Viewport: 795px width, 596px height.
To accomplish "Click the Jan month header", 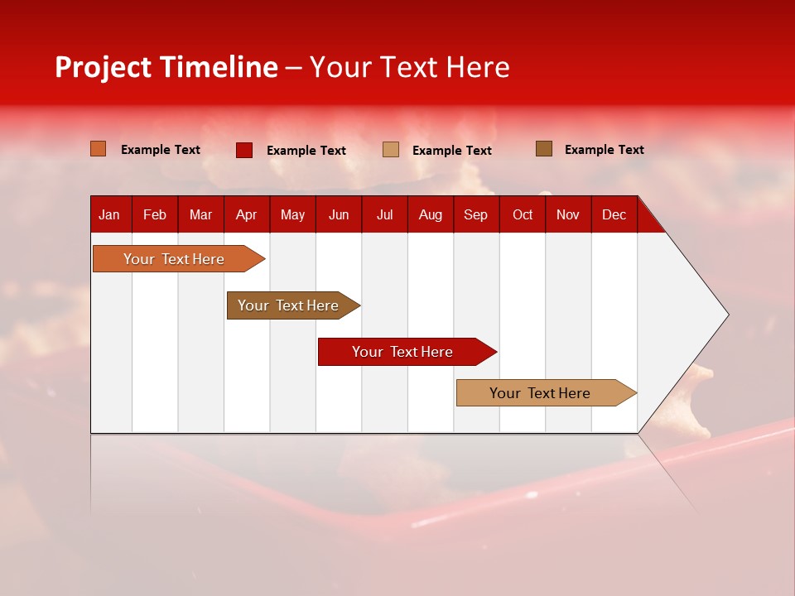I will (109, 215).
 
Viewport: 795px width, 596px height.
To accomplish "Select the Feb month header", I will (155, 215).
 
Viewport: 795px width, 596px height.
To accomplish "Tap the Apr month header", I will (246, 215).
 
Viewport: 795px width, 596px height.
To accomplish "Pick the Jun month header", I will (339, 215).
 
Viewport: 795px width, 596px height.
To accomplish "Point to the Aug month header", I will (430, 215).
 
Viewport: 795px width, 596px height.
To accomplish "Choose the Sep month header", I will (475, 215).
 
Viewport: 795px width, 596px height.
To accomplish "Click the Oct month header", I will (523, 215).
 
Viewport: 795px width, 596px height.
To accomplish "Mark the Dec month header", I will (614, 215).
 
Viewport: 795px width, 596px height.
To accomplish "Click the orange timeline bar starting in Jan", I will (174, 259).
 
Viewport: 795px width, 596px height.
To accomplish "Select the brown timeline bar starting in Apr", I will (288, 305).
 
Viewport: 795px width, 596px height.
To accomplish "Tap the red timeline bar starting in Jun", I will (402, 352).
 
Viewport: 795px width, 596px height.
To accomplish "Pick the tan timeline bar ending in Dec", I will (540, 393).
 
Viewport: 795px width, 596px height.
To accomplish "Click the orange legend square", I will (99, 149).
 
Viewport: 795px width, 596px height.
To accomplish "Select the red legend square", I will (244, 150).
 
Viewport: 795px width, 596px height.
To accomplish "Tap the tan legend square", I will (391, 150).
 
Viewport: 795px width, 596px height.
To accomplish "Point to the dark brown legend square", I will (544, 149).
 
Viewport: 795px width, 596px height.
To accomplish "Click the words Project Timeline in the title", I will (166, 67).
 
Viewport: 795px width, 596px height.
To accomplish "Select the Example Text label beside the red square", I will (306, 151).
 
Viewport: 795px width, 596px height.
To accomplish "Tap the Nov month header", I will (568, 215).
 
